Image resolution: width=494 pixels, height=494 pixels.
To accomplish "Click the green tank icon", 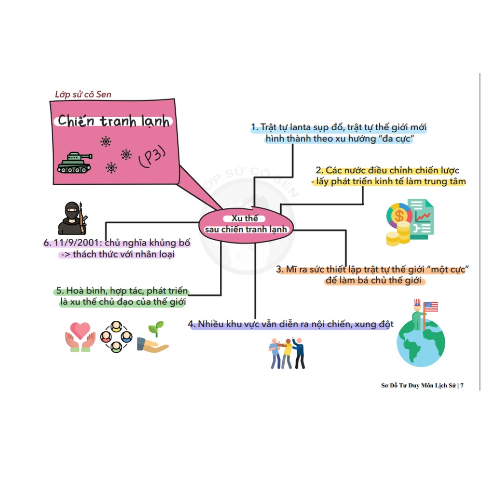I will coord(74,162).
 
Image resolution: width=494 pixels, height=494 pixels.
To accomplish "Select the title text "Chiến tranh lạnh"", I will coord(113,121).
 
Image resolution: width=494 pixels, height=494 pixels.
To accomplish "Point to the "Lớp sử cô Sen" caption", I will coord(83,95).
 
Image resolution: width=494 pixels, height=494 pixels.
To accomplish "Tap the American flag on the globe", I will coord(430,307).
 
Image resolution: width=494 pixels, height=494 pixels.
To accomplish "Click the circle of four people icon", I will coord(116,337).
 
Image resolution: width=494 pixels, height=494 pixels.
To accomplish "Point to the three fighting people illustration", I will coord(287,353).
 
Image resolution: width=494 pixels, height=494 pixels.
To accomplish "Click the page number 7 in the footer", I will coord(462,385).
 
